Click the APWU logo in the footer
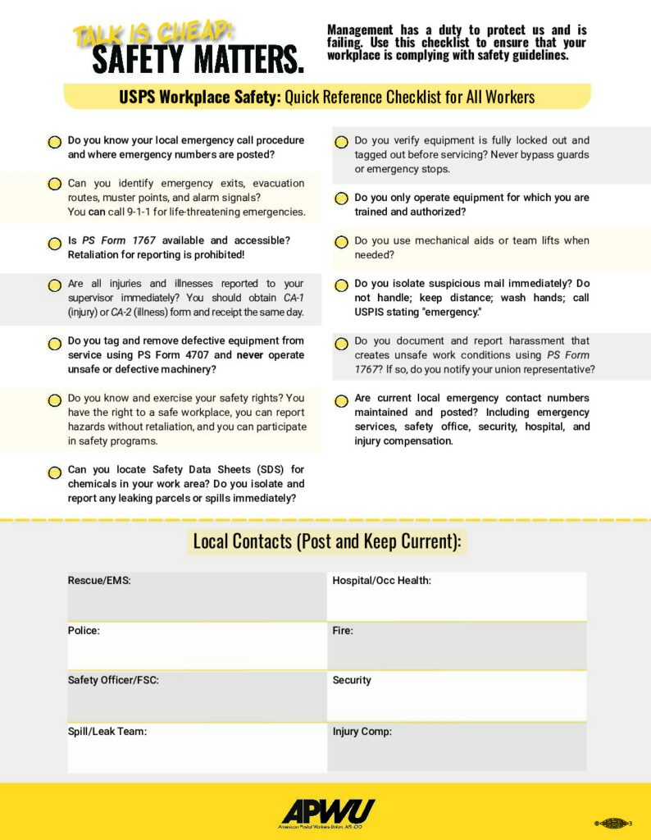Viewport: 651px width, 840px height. tap(327, 811)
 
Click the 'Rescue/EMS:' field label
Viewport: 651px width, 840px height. tap(99, 581)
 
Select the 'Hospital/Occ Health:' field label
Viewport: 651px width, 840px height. tap(381, 581)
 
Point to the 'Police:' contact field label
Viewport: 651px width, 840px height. tap(84, 631)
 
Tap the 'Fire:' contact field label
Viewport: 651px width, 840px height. tap(343, 631)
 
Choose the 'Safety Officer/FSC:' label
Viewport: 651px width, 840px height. tap(113, 680)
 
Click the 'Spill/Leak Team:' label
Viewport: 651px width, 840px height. tap(107, 731)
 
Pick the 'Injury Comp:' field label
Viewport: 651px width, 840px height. tap(362, 731)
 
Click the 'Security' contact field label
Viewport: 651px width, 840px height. tap(352, 680)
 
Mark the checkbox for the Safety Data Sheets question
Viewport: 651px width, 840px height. tap(54, 472)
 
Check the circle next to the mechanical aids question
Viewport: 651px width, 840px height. tap(341, 243)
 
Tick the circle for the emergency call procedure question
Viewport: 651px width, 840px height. tap(54, 143)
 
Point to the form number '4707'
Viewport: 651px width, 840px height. tap(193, 355)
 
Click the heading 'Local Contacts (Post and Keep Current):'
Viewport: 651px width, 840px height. tap(326, 541)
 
